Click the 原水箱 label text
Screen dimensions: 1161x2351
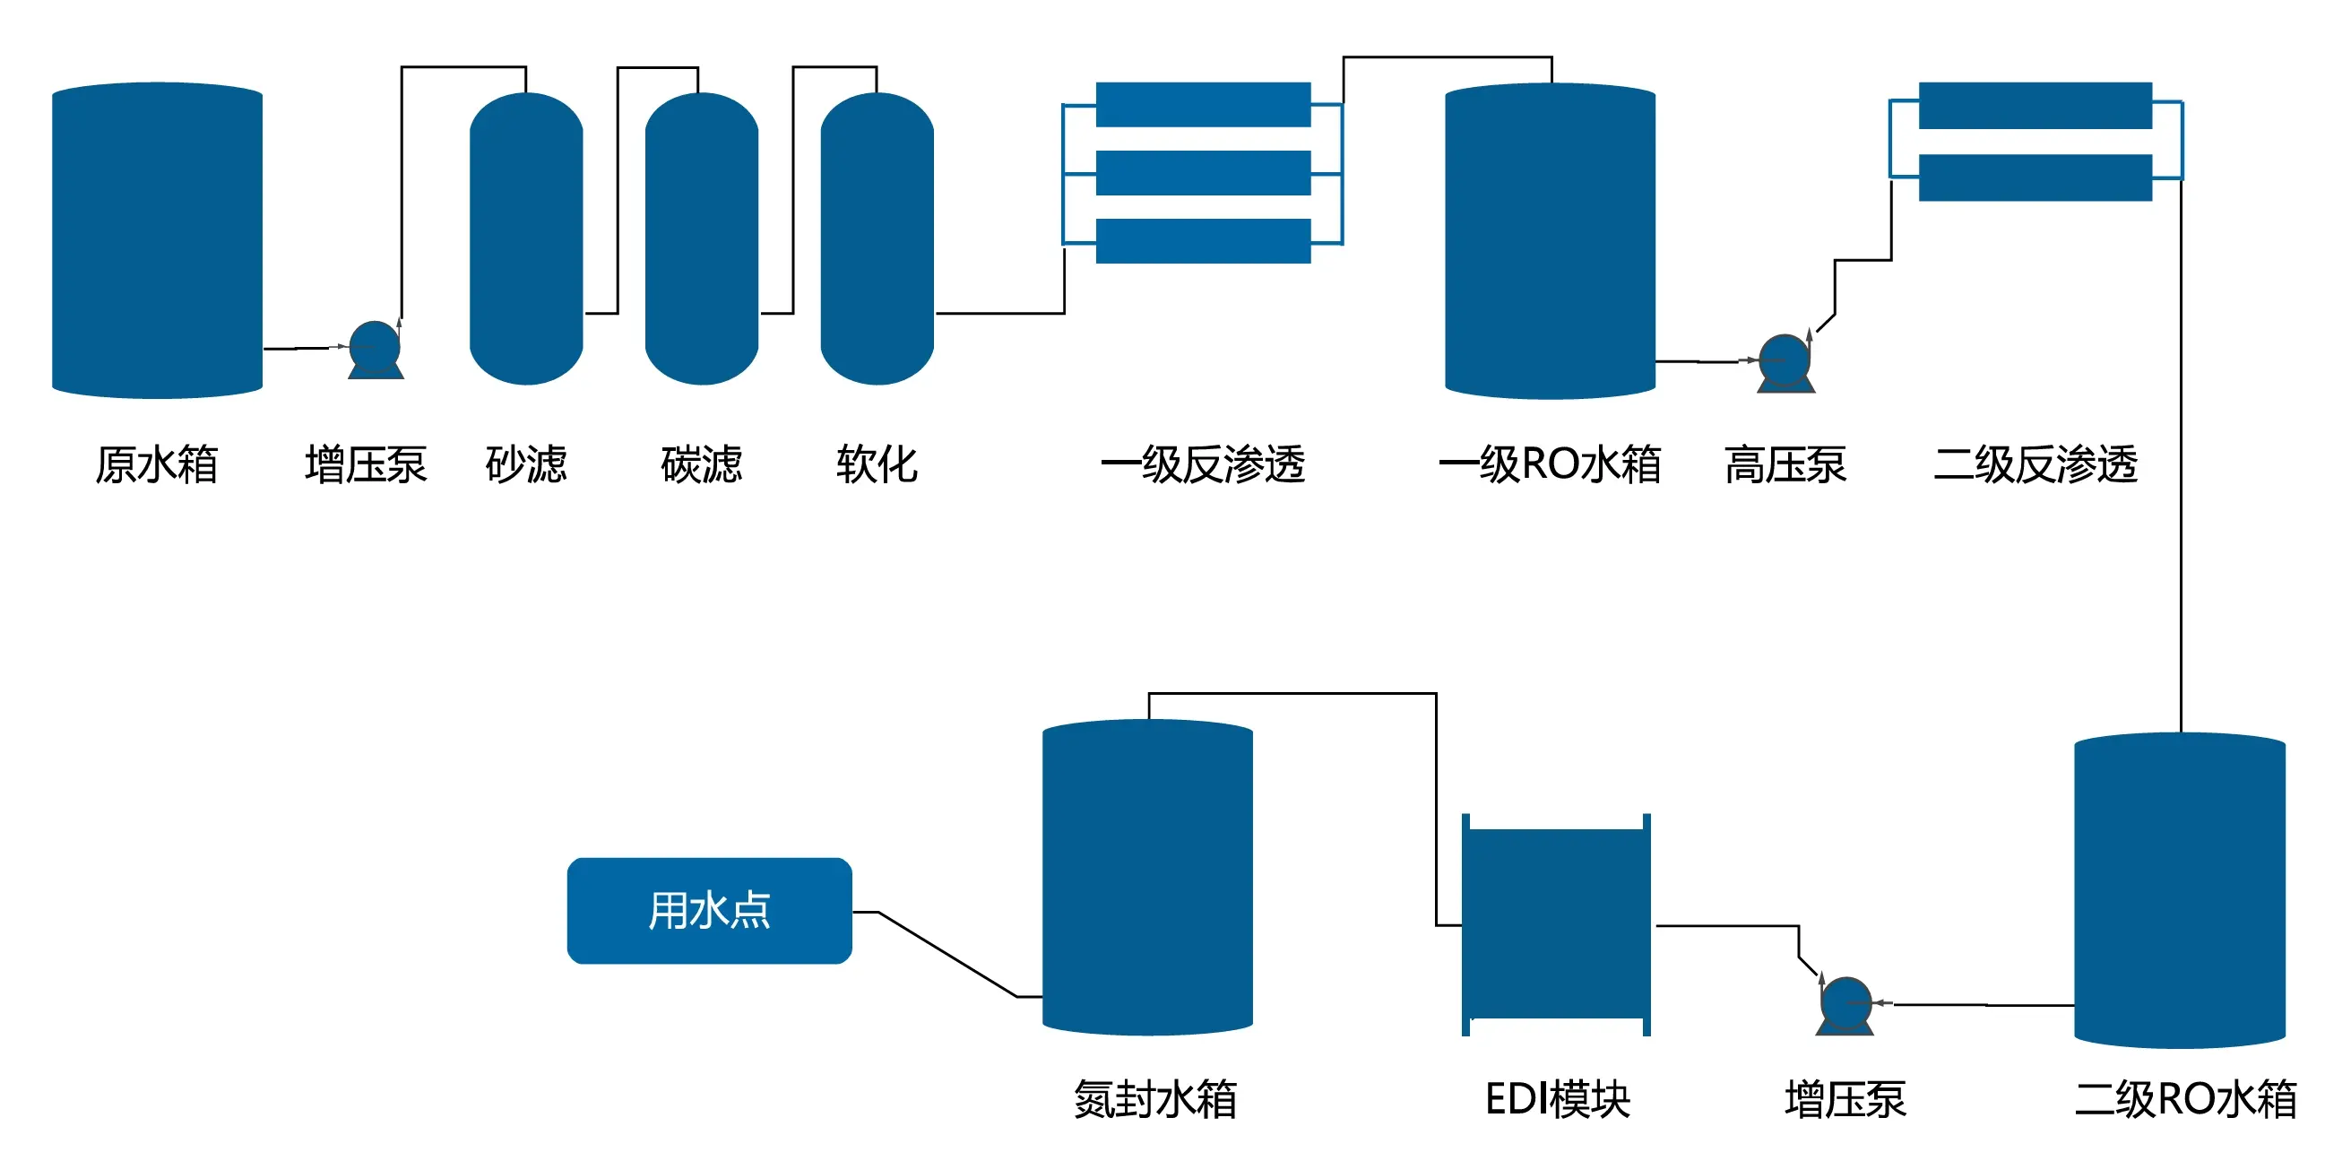pos(156,464)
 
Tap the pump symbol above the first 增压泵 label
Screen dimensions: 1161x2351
pos(375,349)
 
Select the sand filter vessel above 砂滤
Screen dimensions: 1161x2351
pos(526,239)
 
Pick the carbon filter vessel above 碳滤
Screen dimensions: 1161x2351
pos(701,239)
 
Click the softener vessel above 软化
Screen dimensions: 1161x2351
pos(877,239)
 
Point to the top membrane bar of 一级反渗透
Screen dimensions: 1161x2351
pos(1202,104)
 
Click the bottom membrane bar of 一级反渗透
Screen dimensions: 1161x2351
pos(1202,241)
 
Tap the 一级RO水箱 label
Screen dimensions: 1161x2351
pos(1549,464)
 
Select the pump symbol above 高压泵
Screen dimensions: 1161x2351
pos(1785,362)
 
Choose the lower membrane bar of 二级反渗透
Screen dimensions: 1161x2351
pos(2035,178)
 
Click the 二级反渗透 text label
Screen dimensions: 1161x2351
pos(2035,464)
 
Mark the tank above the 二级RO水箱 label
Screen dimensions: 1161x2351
pos(2179,890)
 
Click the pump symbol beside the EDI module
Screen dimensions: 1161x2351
pos(1845,1005)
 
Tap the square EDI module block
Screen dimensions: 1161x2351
pos(1555,923)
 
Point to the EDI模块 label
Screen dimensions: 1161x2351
pos(1557,1099)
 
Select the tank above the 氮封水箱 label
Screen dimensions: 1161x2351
pos(1146,876)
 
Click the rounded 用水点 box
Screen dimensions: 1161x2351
pos(709,910)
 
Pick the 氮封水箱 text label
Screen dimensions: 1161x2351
pos(1154,1099)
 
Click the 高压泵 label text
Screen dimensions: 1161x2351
pos(1785,464)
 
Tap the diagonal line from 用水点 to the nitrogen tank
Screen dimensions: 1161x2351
pos(946,954)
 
